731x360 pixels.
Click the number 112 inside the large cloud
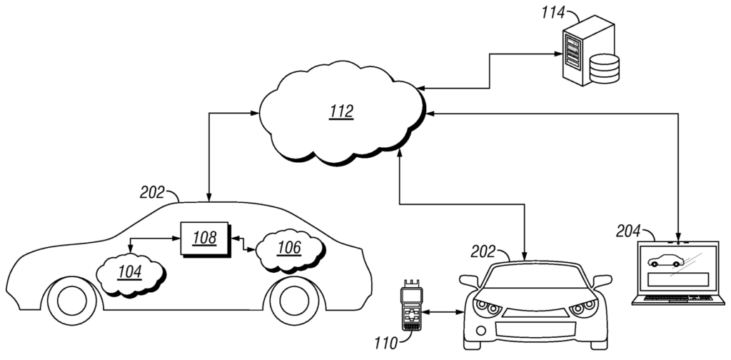[x=341, y=112]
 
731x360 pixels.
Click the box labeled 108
[x=205, y=238]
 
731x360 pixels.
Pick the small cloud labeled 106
[x=288, y=248]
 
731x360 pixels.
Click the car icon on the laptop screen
[x=665, y=262]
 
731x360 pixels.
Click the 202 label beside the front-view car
[x=484, y=252]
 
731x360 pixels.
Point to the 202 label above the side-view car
[x=151, y=191]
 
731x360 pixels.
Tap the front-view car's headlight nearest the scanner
[x=488, y=307]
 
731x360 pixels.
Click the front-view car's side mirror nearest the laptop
[x=602, y=281]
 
